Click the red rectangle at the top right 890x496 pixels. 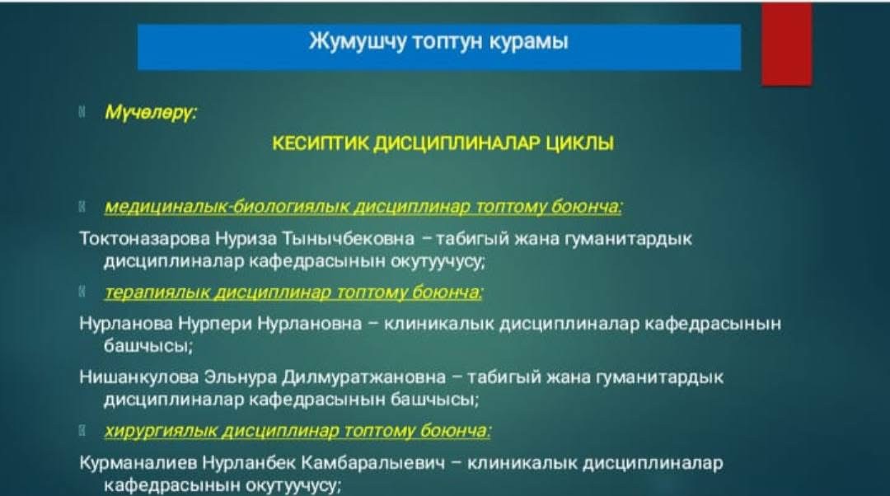[x=787, y=44]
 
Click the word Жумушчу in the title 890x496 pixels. [x=358, y=42]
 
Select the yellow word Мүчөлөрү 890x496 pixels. [x=151, y=112]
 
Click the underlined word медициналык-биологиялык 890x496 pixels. [x=227, y=207]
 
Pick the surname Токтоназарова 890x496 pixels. [x=145, y=238]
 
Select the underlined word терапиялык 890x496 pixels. [x=157, y=292]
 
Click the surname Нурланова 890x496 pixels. [x=126, y=324]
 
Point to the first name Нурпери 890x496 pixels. [x=215, y=324]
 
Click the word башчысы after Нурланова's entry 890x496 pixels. [x=146, y=346]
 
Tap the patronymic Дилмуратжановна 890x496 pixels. [x=364, y=377]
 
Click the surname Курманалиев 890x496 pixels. [x=138, y=463]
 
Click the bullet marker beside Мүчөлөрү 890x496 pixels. [x=82, y=111]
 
